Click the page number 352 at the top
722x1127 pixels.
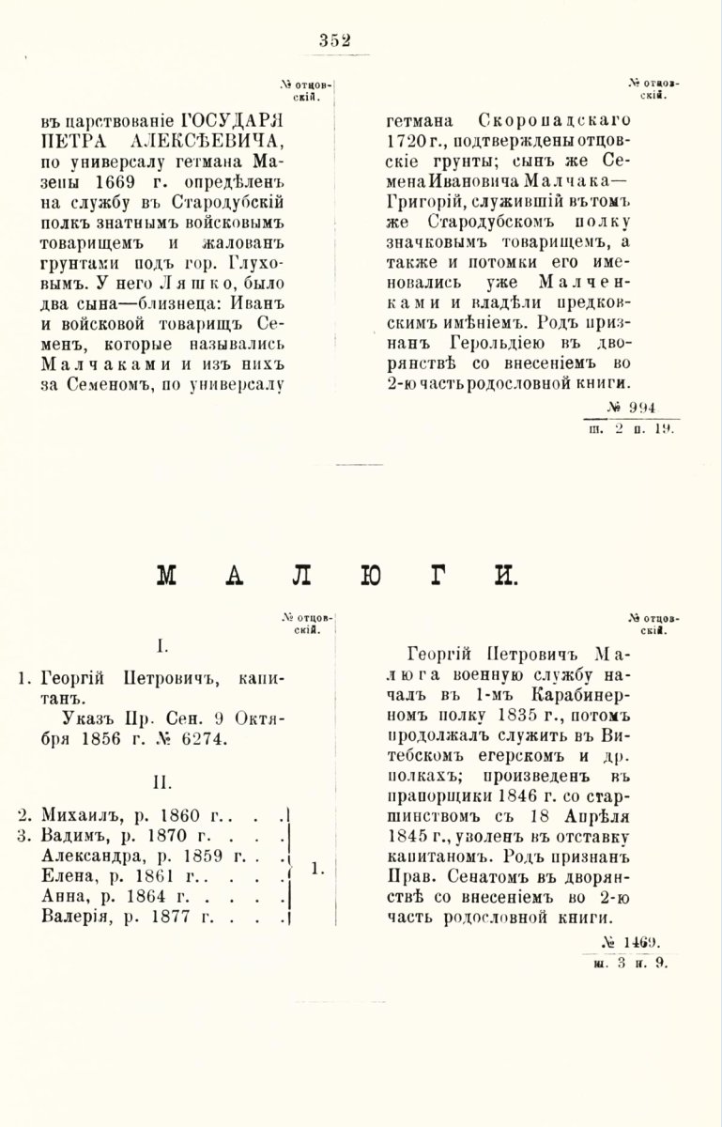pyautogui.click(x=334, y=39)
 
